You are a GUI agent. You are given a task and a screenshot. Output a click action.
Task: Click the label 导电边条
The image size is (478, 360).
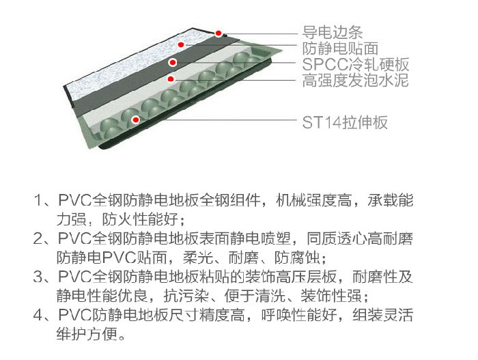(x=333, y=32)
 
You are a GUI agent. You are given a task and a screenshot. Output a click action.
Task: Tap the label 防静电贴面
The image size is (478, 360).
(x=340, y=49)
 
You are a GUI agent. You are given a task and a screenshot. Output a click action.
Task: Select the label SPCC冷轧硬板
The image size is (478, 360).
(x=356, y=64)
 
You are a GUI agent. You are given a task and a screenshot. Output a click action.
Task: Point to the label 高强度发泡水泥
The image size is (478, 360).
(x=356, y=80)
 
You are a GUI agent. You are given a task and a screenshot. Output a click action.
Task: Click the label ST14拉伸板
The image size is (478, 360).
(x=345, y=122)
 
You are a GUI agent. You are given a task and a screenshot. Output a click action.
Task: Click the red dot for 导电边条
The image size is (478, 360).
(x=219, y=33)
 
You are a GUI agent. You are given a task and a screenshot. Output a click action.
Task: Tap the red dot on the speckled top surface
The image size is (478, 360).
(x=181, y=44)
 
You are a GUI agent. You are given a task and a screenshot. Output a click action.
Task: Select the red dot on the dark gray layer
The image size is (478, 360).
(x=173, y=63)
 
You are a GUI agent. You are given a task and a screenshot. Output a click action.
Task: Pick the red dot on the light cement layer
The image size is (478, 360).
(x=171, y=79)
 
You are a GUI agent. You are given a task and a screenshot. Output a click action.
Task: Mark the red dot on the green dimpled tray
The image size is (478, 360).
(x=136, y=120)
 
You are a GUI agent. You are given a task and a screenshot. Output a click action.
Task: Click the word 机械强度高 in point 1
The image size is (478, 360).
(x=313, y=200)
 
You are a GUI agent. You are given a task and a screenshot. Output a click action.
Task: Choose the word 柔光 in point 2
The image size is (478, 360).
(x=198, y=258)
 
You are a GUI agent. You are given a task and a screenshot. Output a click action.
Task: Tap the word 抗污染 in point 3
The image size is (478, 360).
(x=186, y=296)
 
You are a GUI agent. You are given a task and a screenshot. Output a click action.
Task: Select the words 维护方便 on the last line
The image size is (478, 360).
(x=87, y=334)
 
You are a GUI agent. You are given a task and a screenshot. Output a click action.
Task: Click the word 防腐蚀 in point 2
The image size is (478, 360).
(x=297, y=258)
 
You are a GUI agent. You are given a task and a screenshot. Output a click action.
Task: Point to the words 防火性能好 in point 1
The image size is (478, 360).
(x=140, y=220)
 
